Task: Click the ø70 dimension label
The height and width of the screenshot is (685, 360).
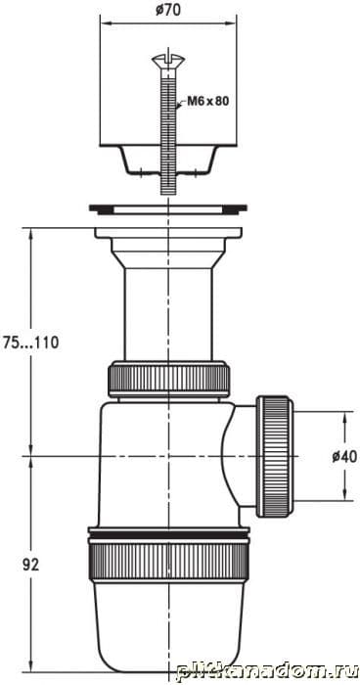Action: point(168,11)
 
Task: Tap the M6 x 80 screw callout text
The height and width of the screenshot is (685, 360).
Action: point(208,102)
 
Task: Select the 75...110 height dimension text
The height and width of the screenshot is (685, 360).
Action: point(30,342)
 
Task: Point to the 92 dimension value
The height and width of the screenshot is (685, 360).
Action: point(30,565)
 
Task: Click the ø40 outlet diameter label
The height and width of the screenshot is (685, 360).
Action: point(344,457)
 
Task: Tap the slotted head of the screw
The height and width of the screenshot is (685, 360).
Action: point(168,61)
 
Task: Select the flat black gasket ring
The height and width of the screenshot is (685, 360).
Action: point(168,208)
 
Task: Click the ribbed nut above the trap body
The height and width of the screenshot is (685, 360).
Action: point(168,379)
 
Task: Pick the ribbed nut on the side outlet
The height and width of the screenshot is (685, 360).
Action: point(274,457)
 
